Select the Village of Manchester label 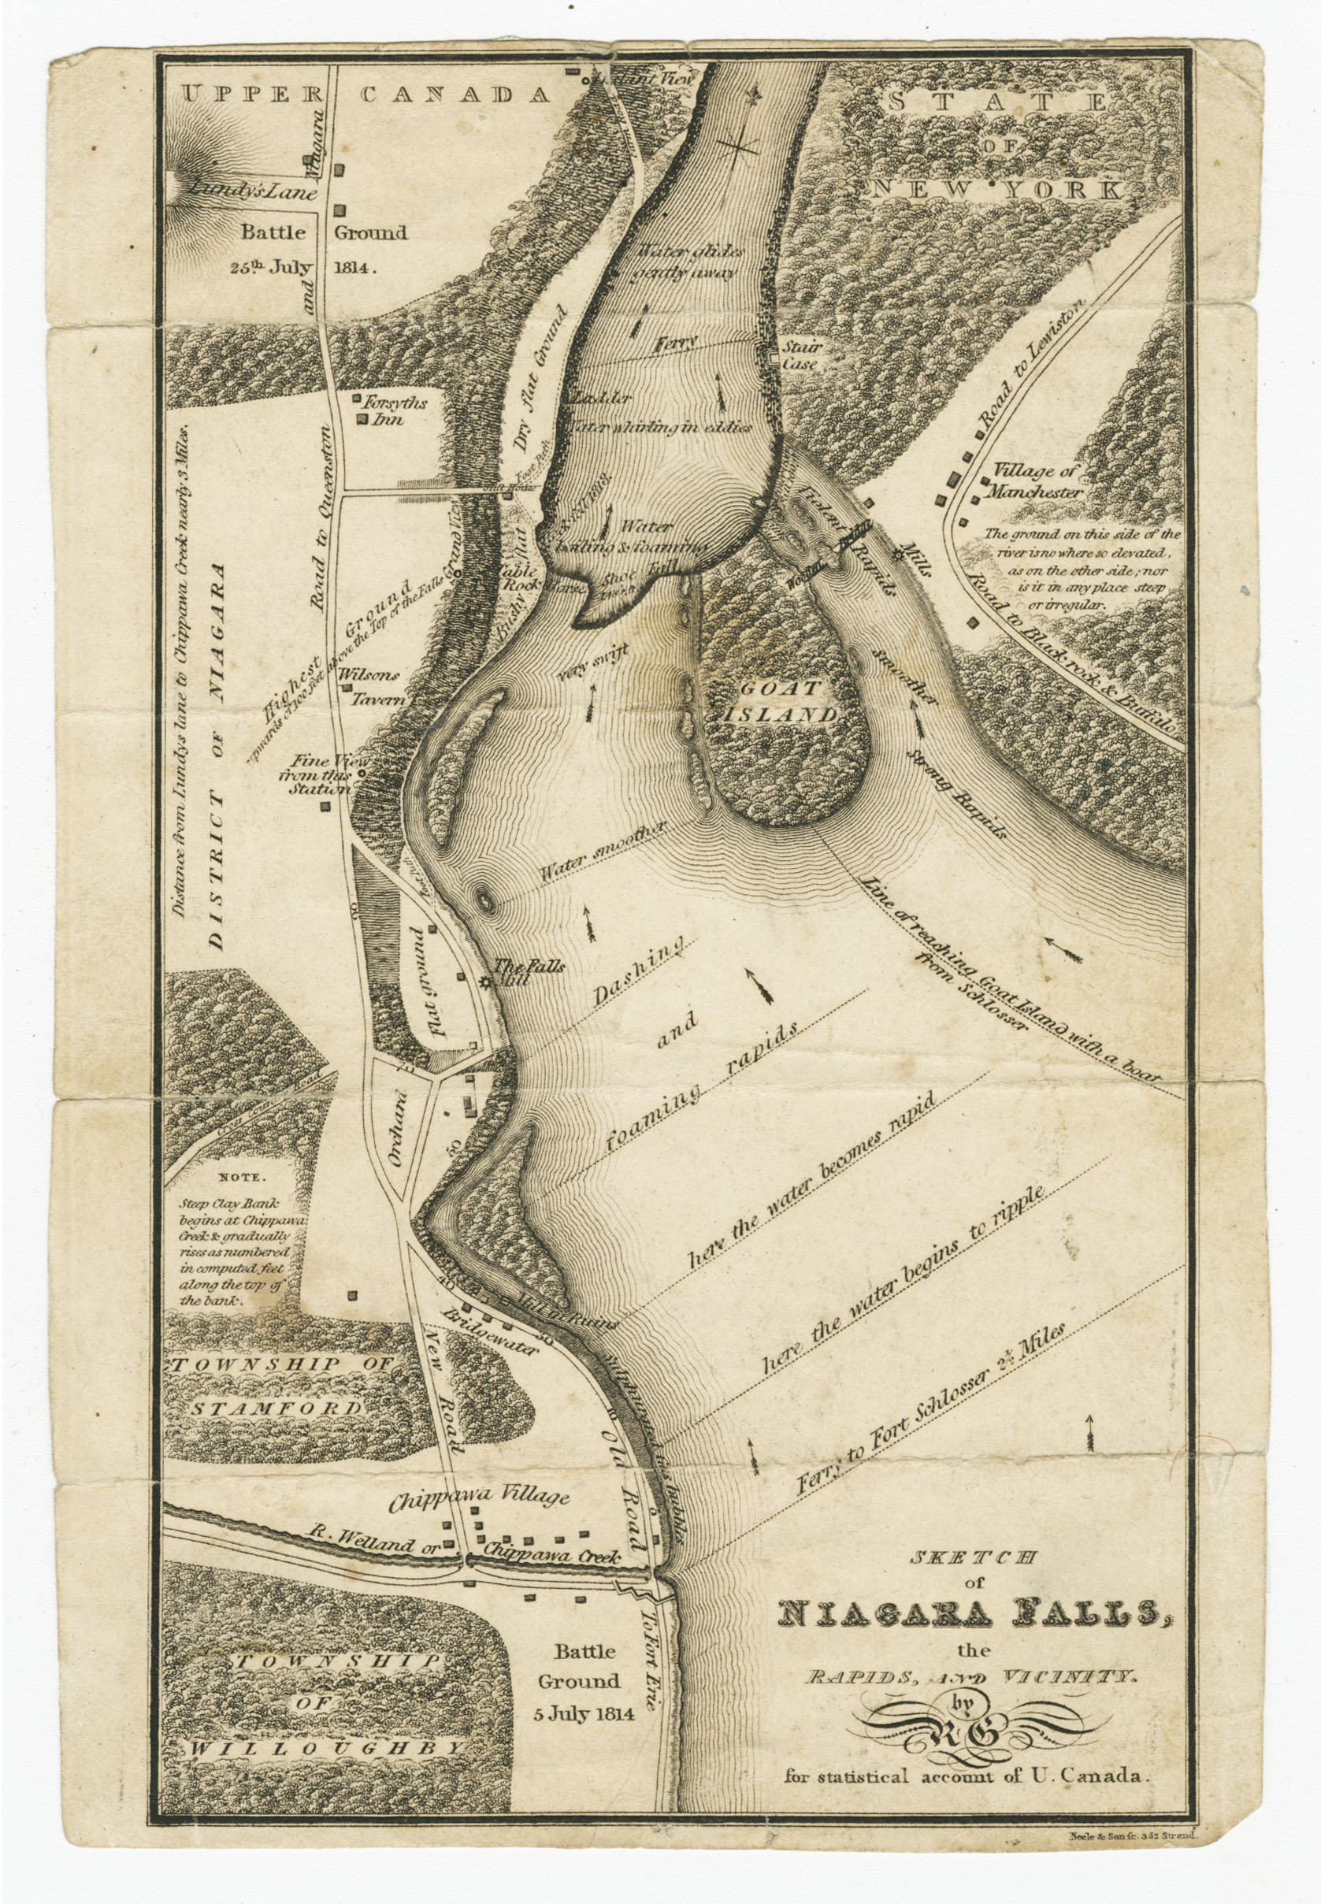[x=1037, y=481]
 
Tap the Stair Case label [x=801, y=356]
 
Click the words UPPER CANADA [x=365, y=95]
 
